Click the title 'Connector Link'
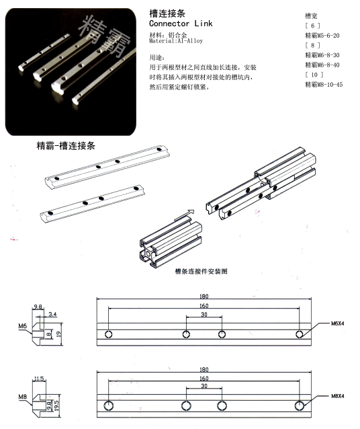180,23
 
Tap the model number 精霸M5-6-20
322,35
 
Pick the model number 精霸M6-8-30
322,55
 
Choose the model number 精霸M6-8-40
322,65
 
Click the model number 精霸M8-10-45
324,85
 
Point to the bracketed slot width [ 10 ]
314,75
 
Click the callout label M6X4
338,323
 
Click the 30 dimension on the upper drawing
204,315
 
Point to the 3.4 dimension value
53,313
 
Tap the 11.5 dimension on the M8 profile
38,379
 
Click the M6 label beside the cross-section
23,326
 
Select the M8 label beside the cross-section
23,397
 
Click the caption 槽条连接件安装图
201,272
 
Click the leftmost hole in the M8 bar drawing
109,405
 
